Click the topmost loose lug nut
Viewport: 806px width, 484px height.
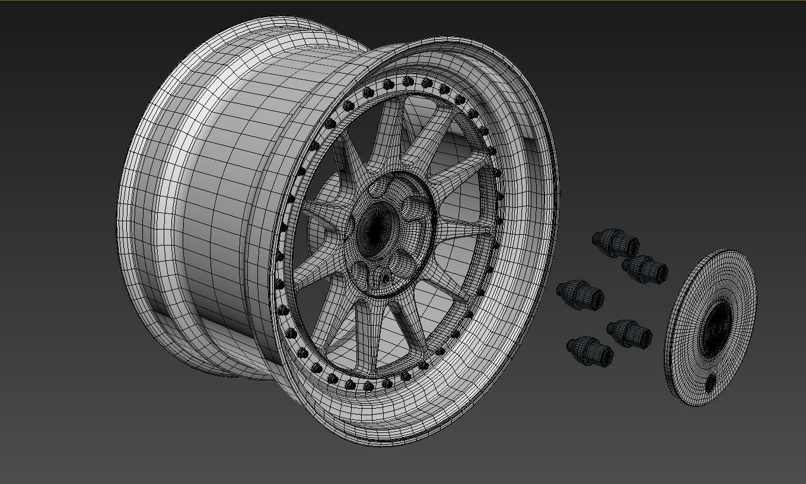point(615,243)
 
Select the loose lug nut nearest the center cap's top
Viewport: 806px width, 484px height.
point(645,269)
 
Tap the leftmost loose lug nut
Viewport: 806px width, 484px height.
point(581,294)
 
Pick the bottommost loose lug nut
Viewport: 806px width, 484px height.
point(590,351)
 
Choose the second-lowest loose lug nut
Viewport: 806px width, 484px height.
point(629,333)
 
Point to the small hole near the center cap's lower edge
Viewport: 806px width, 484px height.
point(710,384)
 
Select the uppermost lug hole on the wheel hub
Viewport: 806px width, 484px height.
point(380,189)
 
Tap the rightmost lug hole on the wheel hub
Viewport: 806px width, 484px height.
point(413,208)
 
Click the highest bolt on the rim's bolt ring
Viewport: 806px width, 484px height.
point(407,81)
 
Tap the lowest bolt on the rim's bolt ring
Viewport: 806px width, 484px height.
point(368,387)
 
